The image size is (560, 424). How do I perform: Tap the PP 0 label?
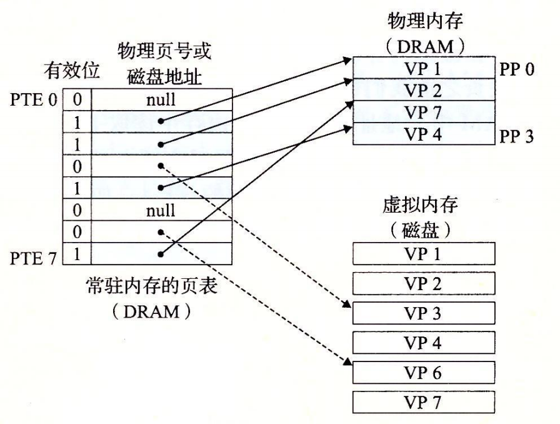(517, 69)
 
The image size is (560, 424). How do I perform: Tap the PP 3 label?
(517, 136)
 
